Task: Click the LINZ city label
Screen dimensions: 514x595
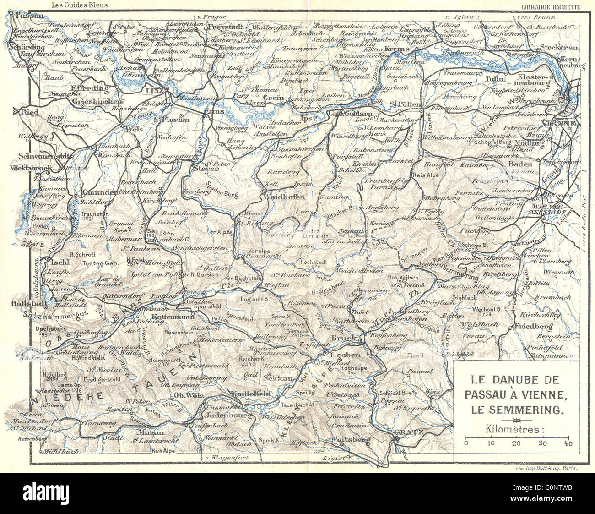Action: pyautogui.click(x=154, y=90)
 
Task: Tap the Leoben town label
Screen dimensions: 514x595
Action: pyautogui.click(x=349, y=355)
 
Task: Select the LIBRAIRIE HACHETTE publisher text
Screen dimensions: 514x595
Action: pyautogui.click(x=551, y=6)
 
